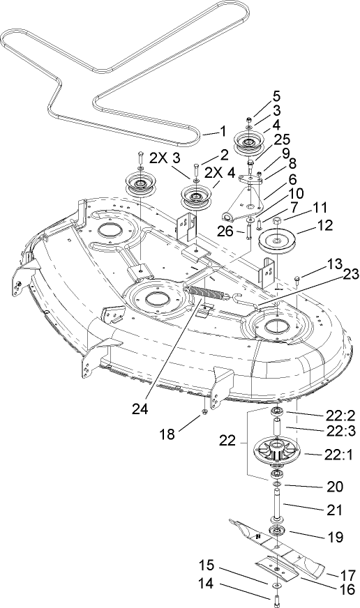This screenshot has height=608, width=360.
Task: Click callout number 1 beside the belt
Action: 223,130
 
